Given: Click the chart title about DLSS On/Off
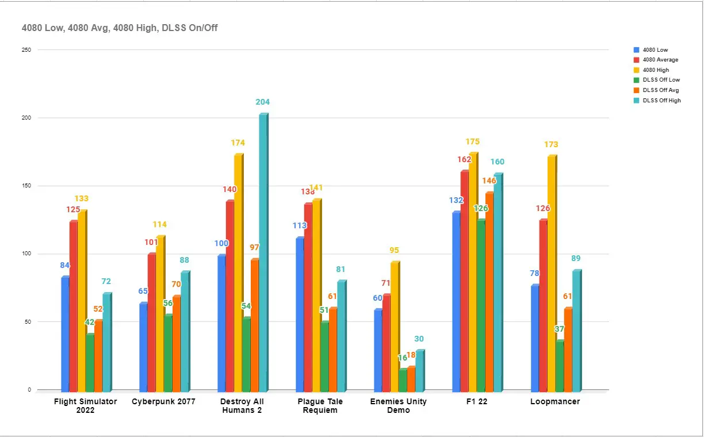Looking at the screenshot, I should tap(120, 28).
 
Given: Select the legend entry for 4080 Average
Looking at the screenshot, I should tap(660, 60).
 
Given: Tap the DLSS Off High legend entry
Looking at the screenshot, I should tap(661, 101).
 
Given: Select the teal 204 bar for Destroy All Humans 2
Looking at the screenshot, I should tap(263, 253).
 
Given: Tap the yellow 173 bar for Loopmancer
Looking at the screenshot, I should tap(552, 274).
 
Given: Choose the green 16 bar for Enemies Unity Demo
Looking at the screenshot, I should tap(403, 379).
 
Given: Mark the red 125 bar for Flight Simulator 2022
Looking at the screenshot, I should tap(73, 305).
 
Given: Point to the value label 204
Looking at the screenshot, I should tap(262, 102).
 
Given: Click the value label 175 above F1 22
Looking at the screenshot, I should tap(472, 142).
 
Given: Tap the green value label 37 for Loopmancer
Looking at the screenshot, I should tap(560, 329).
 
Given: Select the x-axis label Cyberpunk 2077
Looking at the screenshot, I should tap(163, 401).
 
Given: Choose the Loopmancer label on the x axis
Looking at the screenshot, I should tap(555, 401).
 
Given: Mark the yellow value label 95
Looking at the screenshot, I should tap(393, 251).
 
